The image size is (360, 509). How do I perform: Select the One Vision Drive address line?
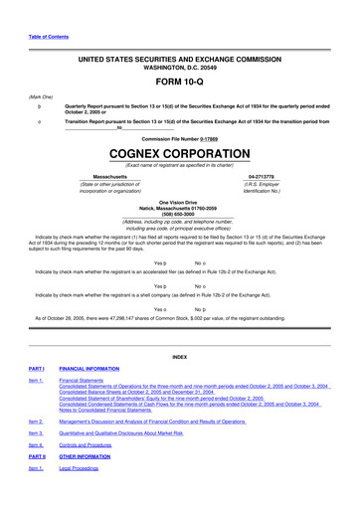point(179,199)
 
